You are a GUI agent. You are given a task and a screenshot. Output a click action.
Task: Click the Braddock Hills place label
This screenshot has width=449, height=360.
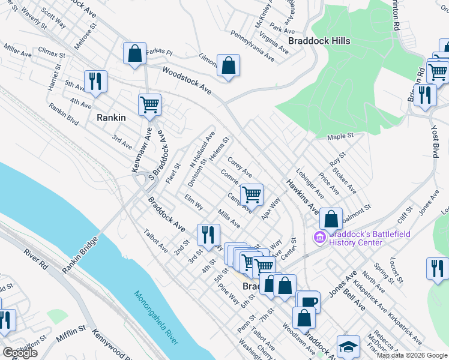(x=319, y=41)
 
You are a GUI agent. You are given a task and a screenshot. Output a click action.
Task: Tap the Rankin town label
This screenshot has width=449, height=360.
(x=110, y=118)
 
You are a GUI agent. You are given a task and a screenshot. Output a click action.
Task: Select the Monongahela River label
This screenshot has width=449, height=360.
(x=155, y=318)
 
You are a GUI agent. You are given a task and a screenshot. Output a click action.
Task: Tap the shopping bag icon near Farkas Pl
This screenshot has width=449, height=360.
(x=135, y=53)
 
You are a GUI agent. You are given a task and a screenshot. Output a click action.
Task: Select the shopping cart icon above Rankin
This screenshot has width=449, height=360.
(x=149, y=104)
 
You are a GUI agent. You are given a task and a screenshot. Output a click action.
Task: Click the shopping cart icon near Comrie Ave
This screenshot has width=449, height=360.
(x=252, y=194)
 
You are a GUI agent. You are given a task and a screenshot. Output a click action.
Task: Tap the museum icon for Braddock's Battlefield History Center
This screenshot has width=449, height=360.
(x=319, y=238)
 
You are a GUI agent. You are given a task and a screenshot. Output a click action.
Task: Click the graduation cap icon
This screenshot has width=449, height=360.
(x=348, y=347)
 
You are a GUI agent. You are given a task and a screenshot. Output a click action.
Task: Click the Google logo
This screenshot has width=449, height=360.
(x=20, y=353)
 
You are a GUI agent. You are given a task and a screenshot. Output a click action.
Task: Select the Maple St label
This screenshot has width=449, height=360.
(x=341, y=138)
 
